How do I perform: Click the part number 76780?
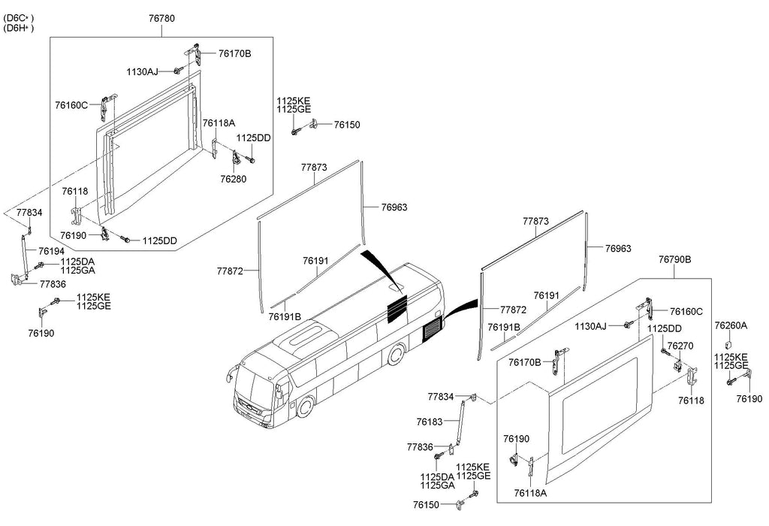[x=162, y=19]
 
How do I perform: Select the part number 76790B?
[x=675, y=259]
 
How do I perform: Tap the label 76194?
[x=52, y=252]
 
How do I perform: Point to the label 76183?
[x=430, y=422]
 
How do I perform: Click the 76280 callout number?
[x=234, y=179]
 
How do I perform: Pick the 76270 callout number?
[x=680, y=346]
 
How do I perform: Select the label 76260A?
[x=731, y=326]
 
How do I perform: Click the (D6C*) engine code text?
[x=19, y=18]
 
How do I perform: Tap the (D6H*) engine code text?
[x=19, y=28]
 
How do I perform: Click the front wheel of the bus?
[x=306, y=407]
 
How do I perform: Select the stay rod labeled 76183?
[x=459, y=422]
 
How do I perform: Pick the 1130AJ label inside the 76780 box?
[x=142, y=72]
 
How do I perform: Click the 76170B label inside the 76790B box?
[x=525, y=363]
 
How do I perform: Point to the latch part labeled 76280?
[x=236, y=158]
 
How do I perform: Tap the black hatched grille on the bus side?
[x=433, y=328]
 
